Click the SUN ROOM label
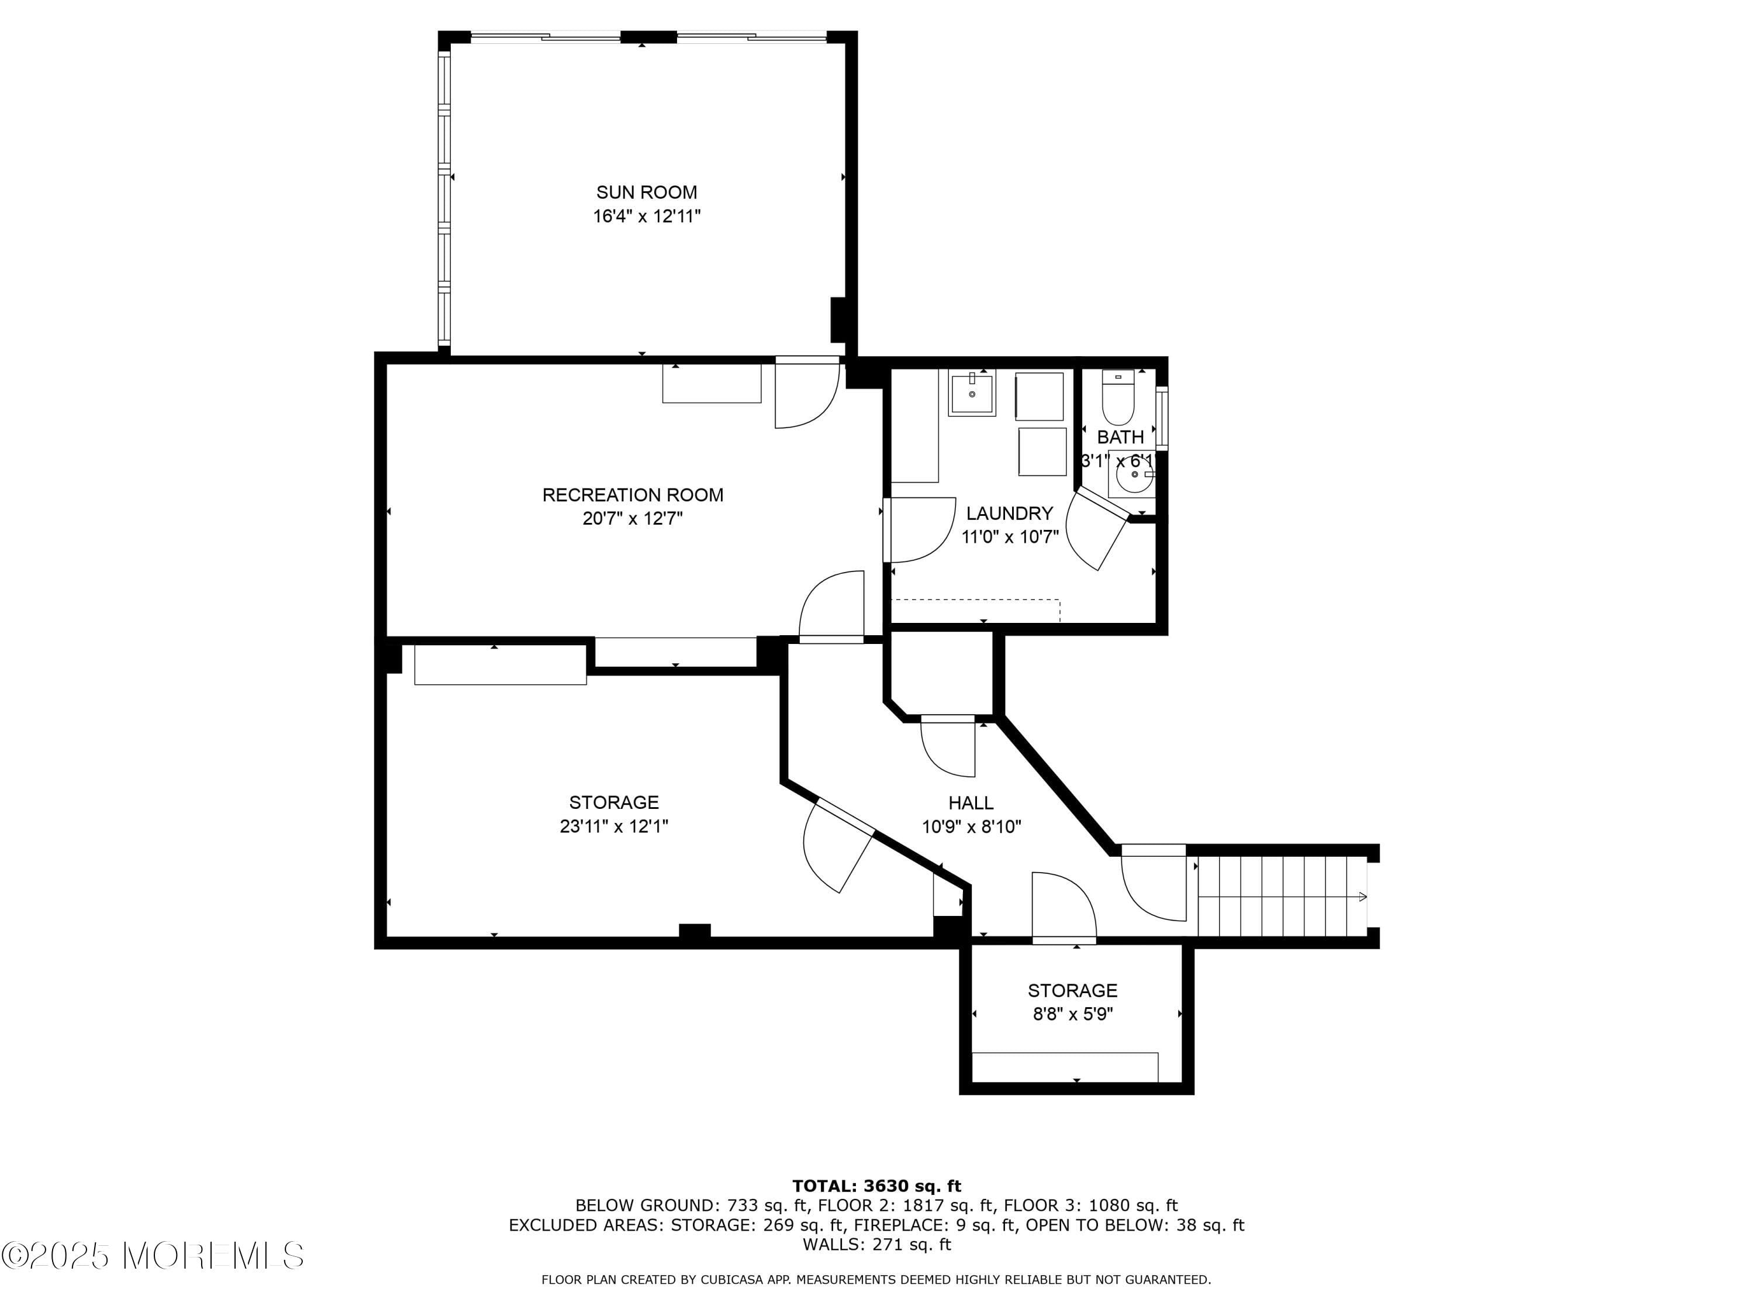tap(646, 192)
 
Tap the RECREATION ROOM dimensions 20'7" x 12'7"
tap(632, 519)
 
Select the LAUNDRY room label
tap(1009, 513)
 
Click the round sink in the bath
tap(1133, 474)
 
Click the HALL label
tap(971, 803)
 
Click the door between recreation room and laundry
tap(920, 530)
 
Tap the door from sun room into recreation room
tap(806, 392)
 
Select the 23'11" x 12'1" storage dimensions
tap(614, 826)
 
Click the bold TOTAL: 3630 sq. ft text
tap(876, 1186)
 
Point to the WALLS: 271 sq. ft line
tap(876, 1244)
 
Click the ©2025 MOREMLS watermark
tap(152, 1256)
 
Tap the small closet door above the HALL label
tap(948, 746)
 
